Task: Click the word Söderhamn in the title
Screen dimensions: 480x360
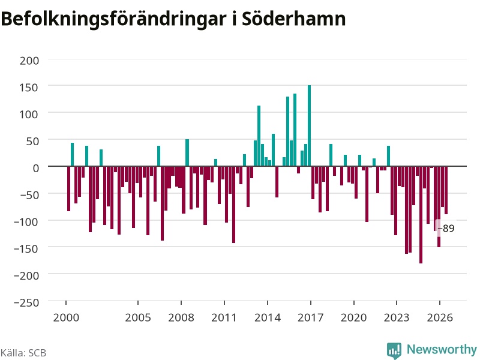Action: coord(293,19)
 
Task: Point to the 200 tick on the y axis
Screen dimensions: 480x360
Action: coord(29,61)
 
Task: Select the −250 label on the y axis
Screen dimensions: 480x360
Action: coord(26,302)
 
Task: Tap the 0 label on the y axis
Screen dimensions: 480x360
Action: coord(36,168)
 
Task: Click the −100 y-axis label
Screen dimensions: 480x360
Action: coord(26,221)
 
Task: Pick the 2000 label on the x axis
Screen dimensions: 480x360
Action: coord(66,317)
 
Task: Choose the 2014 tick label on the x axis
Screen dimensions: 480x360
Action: coord(268,317)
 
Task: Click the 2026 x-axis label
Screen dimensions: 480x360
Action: coord(440,317)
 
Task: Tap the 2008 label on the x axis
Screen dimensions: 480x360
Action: coord(181,317)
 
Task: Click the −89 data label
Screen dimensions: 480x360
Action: coord(446,229)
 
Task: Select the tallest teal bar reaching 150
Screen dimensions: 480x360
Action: coord(309,125)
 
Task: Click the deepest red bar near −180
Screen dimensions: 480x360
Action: coord(421,215)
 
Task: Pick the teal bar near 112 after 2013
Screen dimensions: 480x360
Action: coord(259,136)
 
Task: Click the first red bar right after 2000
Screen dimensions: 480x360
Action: coord(68,188)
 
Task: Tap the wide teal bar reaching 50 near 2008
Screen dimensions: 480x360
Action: coord(187,153)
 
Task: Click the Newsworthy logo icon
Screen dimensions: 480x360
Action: coord(394,350)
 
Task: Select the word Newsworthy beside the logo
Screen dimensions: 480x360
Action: coord(442,349)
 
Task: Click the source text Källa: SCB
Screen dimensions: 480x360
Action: coord(23,353)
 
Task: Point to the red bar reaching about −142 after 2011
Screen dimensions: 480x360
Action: coord(233,205)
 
